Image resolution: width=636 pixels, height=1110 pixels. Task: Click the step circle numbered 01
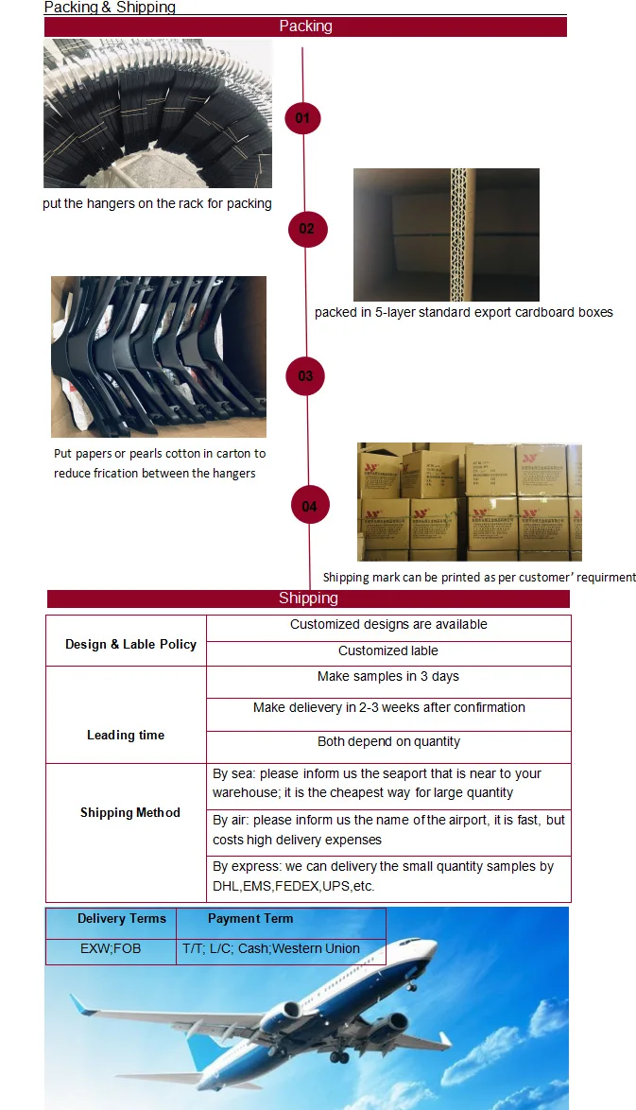tap(303, 118)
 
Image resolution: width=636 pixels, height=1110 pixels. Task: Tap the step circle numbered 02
tap(307, 229)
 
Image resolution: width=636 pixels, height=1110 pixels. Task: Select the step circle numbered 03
tap(305, 376)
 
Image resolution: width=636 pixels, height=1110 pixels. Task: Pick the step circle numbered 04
tap(310, 507)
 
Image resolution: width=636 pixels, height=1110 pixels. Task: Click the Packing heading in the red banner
tap(305, 26)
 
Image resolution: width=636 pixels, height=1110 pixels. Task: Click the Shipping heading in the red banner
tap(308, 598)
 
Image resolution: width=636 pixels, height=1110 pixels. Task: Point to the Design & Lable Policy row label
tap(130, 644)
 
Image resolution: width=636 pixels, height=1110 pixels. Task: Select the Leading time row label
tap(126, 735)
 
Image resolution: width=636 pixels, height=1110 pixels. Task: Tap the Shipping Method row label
tap(129, 812)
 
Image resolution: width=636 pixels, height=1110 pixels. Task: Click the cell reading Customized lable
tap(388, 650)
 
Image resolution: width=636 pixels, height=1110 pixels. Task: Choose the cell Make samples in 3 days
tap(388, 676)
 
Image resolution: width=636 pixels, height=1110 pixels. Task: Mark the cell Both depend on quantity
tap(388, 741)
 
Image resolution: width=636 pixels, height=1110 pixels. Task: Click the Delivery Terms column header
tap(121, 918)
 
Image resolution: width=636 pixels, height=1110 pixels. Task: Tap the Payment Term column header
tap(250, 918)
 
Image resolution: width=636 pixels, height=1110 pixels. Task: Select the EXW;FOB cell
tap(111, 947)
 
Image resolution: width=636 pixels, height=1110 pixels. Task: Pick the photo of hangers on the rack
tap(158, 113)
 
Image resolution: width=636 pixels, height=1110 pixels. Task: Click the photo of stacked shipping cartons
tap(469, 502)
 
